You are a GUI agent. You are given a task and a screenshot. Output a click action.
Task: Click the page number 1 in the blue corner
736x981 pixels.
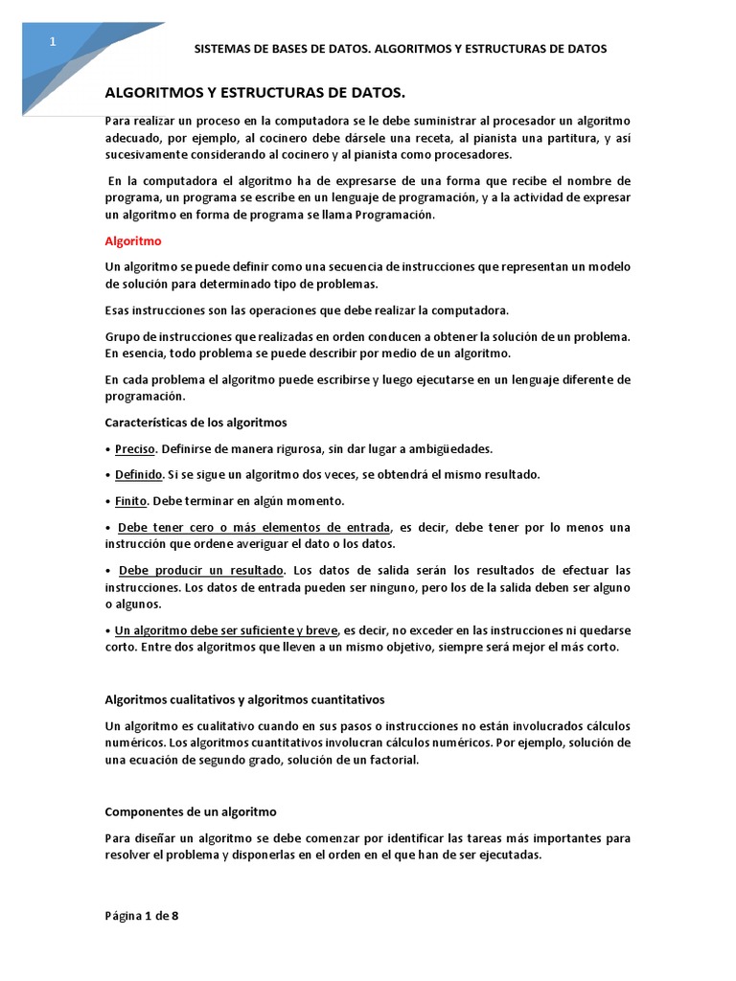pyautogui.click(x=54, y=41)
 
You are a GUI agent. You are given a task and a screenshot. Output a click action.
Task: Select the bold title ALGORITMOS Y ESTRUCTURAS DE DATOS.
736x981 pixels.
pyautogui.click(x=255, y=92)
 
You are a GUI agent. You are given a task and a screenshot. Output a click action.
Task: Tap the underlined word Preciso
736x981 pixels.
pyautogui.click(x=134, y=448)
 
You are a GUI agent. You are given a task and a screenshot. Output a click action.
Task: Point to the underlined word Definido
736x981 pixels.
pyautogui.click(x=138, y=474)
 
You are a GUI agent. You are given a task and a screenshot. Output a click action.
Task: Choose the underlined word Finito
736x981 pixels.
pyautogui.click(x=130, y=501)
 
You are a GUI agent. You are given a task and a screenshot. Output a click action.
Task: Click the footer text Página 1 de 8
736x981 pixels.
pyautogui.click(x=142, y=915)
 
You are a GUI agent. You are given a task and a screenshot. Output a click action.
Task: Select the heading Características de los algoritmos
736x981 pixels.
pyautogui.click(x=195, y=422)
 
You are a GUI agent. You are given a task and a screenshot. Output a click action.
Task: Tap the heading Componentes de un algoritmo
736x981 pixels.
pyautogui.click(x=190, y=811)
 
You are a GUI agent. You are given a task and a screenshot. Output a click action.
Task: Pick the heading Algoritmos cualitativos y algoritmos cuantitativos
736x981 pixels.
pyautogui.click(x=244, y=699)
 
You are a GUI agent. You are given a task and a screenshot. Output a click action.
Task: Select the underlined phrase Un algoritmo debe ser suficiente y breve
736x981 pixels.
pyautogui.click(x=226, y=630)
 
